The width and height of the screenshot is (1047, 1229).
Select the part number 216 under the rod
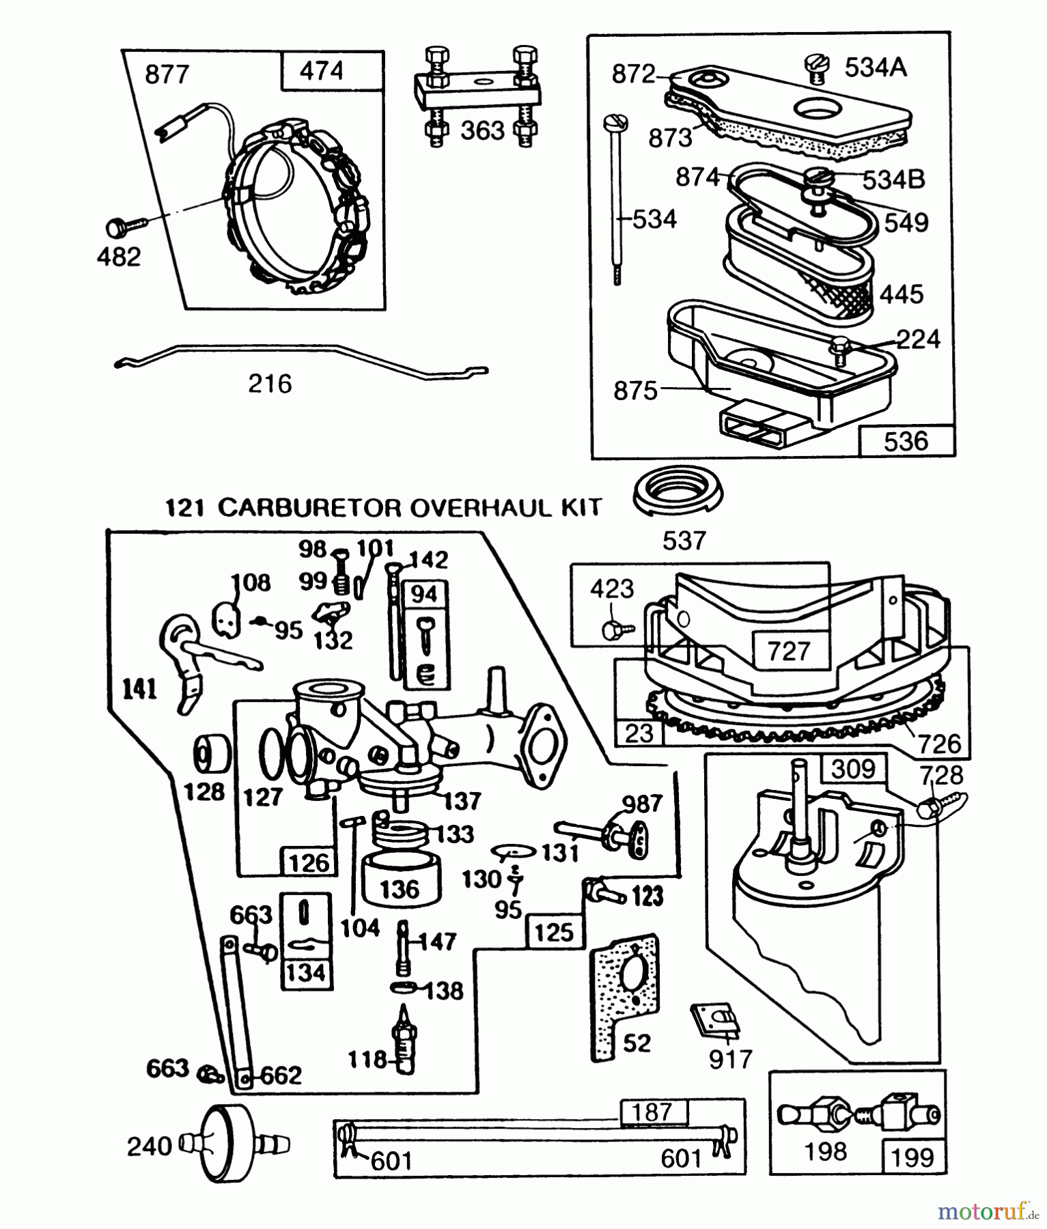270,384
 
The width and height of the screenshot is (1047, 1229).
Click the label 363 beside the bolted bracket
482,130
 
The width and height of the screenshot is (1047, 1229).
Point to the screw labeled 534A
814,70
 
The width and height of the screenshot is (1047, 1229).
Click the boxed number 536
906,442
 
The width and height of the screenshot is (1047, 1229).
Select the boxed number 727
789,651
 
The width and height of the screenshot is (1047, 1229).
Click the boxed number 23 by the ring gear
639,734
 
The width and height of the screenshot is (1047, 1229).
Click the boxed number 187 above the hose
652,1112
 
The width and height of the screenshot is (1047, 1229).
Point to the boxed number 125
554,932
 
